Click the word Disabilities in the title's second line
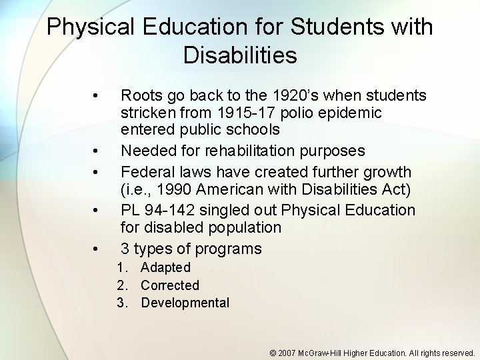coord(240,55)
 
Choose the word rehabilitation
coord(242,151)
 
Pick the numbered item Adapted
coord(165,267)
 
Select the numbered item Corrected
coord(170,285)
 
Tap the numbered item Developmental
coord(185,303)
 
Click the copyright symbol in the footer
coord(273,353)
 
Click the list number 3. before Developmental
coord(122,303)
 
